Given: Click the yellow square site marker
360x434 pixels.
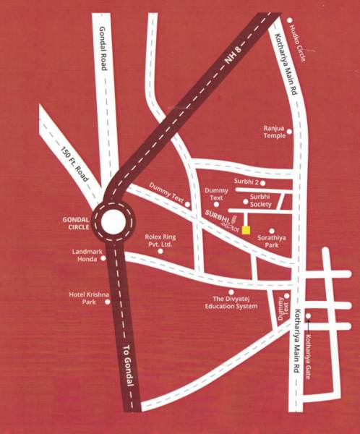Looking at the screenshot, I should click(247, 230).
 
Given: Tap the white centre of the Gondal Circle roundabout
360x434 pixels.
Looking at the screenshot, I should click(115, 221).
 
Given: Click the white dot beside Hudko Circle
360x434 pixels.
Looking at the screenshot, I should click(289, 20).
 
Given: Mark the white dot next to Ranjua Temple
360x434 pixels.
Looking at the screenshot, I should click(289, 132).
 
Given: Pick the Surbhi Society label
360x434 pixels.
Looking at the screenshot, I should click(260, 200).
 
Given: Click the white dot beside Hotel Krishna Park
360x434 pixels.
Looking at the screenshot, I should click(108, 302).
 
